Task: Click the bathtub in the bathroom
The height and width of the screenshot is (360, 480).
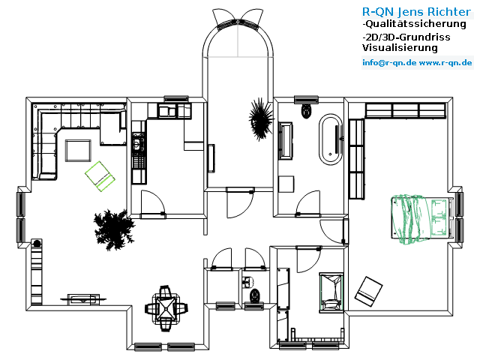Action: [x=331, y=139]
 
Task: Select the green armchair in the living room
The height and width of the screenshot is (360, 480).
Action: [x=100, y=176]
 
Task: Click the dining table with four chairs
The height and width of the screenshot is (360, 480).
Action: [x=166, y=308]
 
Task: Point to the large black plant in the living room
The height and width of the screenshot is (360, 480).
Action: [x=114, y=229]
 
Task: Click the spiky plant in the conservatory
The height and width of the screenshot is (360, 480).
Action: [x=261, y=119]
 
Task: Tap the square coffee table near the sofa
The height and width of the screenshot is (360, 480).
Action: [x=78, y=151]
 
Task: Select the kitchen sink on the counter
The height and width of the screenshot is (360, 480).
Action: [x=167, y=111]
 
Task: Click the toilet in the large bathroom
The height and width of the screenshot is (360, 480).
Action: [x=307, y=111]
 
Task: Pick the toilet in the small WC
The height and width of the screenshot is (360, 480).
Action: [x=255, y=295]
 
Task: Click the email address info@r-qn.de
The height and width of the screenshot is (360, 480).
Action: [x=389, y=63]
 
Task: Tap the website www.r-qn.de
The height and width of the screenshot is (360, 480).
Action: [x=445, y=63]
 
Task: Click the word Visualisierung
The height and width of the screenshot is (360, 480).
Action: [x=400, y=48]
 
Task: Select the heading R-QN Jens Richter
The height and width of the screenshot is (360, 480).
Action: [x=416, y=12]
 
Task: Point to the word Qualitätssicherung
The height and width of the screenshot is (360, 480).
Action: [x=415, y=24]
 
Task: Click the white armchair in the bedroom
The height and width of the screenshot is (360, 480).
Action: [x=368, y=292]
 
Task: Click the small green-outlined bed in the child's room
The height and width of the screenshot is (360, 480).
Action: [x=331, y=292]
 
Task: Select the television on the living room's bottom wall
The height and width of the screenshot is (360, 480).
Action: [x=83, y=298]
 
